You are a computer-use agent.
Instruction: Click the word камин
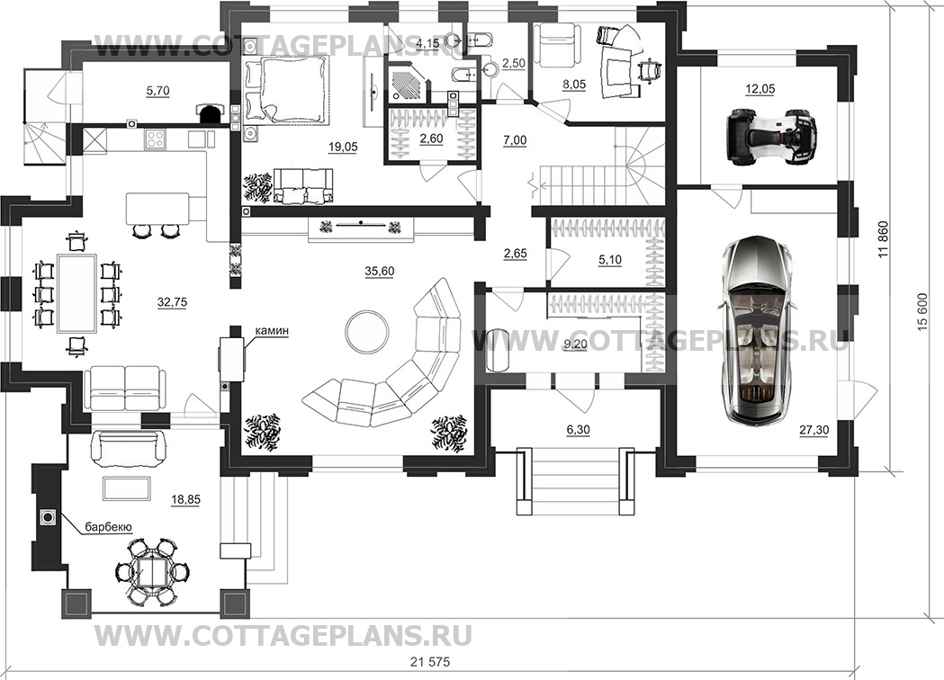tap(271, 331)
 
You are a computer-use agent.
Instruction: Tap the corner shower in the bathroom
tap(410, 82)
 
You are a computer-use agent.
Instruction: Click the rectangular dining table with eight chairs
tap(76, 293)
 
